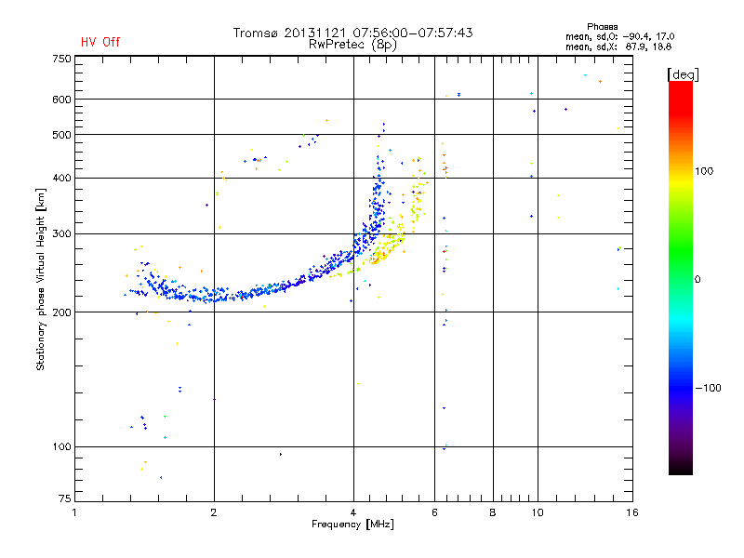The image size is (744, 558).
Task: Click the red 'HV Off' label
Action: [x=100, y=42]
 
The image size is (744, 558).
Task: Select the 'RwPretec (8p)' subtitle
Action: [x=352, y=44]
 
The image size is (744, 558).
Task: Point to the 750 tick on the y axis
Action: [x=61, y=58]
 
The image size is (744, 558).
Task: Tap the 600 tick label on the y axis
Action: [x=61, y=100]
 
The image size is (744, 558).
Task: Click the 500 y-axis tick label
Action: [x=61, y=135]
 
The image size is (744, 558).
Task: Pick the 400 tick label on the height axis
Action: [x=61, y=178]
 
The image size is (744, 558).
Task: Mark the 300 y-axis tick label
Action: [x=61, y=233]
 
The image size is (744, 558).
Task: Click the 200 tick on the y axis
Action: [x=61, y=312]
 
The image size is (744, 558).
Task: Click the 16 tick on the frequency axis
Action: [x=631, y=511]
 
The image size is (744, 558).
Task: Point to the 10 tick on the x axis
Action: [x=537, y=511]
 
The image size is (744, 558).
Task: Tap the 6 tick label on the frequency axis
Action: [x=434, y=511]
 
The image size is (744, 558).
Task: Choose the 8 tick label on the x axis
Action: [x=493, y=511]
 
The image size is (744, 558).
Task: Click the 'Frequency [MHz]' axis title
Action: [x=352, y=525]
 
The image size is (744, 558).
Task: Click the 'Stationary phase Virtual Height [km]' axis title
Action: [x=41, y=279]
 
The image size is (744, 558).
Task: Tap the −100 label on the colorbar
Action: [x=709, y=388]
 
